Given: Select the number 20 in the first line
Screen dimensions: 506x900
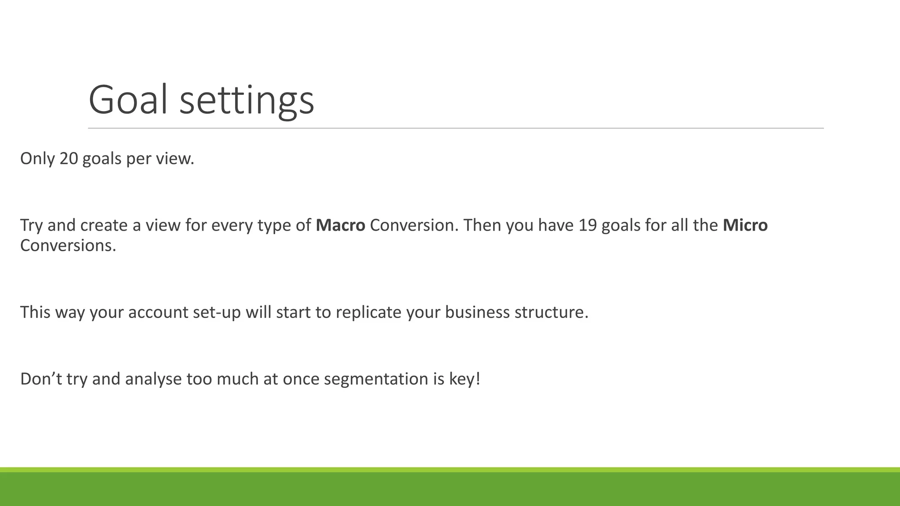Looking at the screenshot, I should (69, 159).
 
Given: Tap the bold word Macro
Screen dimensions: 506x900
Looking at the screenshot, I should (340, 225).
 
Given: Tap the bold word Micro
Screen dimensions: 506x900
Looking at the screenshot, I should (745, 225).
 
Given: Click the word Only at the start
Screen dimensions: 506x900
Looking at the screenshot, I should (37, 159).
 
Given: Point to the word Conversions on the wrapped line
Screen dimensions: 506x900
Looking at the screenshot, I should (68, 246).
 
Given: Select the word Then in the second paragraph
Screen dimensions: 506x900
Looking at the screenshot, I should (482, 225).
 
